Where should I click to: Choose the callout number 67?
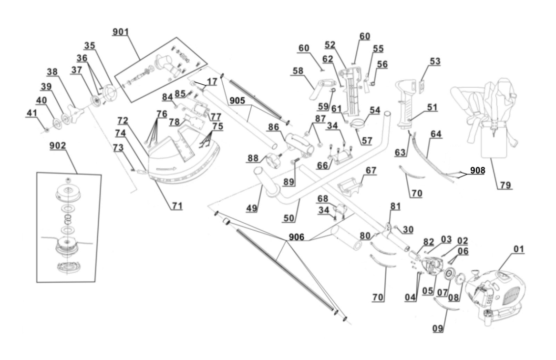pos(371,170)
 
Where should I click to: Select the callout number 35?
pos(89,46)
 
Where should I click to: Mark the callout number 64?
pos(435,135)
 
